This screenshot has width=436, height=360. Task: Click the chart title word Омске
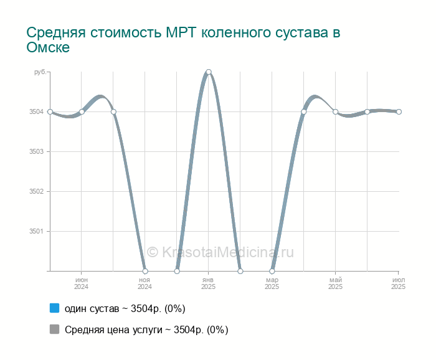click(48, 47)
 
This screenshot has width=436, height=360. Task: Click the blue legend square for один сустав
click(54, 308)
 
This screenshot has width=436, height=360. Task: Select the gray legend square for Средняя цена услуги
click(54, 329)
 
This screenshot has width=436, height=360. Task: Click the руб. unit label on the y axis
click(39, 72)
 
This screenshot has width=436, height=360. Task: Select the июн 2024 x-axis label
click(82, 283)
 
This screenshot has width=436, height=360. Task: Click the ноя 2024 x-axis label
click(145, 283)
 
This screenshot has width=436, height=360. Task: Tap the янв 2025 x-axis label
click(209, 283)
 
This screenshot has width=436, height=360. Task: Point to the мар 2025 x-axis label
click(272, 283)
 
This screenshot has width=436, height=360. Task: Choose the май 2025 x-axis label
click(336, 283)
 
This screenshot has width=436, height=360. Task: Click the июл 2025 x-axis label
click(399, 283)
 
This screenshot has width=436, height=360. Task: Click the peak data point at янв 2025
click(209, 72)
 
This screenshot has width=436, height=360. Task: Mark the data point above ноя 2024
click(145, 271)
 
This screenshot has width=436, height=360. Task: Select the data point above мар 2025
click(272, 271)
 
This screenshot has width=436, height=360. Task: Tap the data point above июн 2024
click(82, 111)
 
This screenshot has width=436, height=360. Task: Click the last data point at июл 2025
click(399, 111)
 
